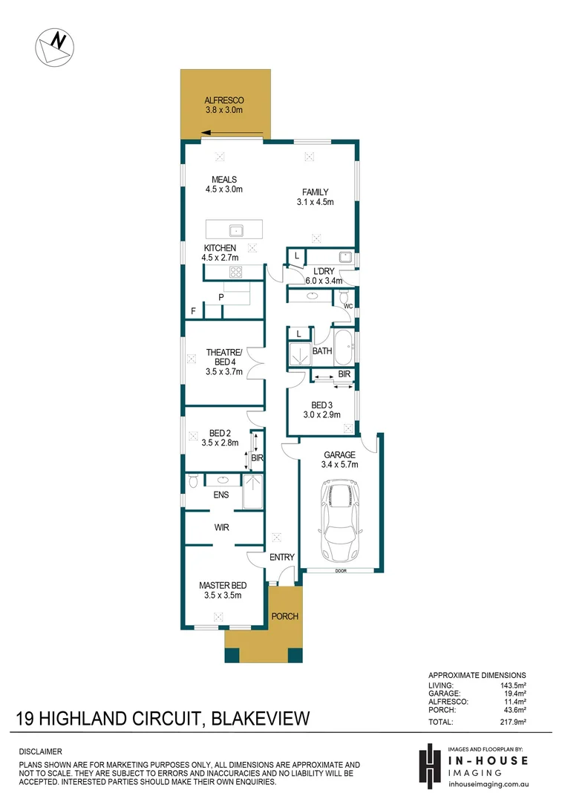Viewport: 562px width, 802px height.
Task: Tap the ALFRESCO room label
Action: [x=224, y=100]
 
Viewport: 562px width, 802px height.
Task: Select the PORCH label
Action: [x=284, y=616]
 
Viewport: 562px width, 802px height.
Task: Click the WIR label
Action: [x=220, y=527]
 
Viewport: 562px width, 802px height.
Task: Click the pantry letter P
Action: [x=220, y=298]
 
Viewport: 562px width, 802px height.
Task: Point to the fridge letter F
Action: [x=194, y=311]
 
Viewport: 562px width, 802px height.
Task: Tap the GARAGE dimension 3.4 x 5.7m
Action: [x=339, y=465]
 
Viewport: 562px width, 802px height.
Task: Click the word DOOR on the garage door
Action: [x=341, y=571]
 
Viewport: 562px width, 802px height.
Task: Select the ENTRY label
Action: [x=282, y=558]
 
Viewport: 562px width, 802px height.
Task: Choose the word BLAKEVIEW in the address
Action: [x=259, y=719]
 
